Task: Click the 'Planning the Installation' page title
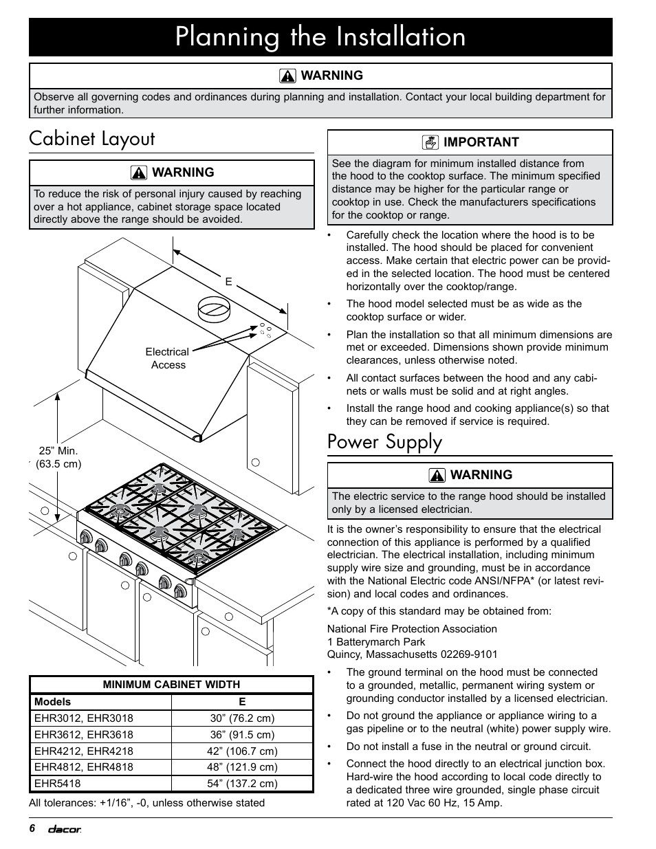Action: tap(320, 36)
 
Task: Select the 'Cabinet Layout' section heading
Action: tap(92, 139)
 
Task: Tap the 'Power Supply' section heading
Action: tap(384, 442)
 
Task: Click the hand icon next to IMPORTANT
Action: tap(430, 142)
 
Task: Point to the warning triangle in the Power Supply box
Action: tap(437, 475)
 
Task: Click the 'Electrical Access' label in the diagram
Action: tap(167, 358)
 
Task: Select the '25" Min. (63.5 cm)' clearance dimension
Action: tap(58, 457)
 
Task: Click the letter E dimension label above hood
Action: tap(229, 282)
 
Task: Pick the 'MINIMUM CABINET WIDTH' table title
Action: tap(171, 685)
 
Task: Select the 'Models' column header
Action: tap(52, 702)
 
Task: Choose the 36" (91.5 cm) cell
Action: tap(242, 734)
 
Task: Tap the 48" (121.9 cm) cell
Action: tap(242, 767)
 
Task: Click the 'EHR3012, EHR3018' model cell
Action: tap(84, 718)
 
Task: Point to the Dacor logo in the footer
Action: tap(64, 829)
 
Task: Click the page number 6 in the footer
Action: tap(32, 828)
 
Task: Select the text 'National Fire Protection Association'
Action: tap(412, 629)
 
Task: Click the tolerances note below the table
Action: tap(146, 802)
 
